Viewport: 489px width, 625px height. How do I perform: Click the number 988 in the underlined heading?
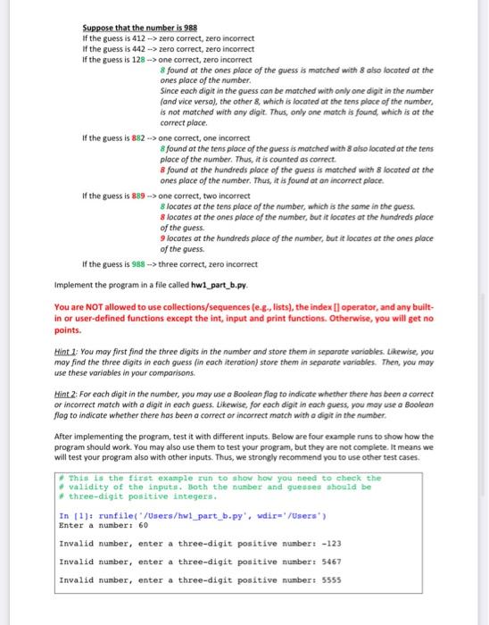(x=187, y=27)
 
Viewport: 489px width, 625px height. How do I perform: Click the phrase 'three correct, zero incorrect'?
(x=206, y=264)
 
